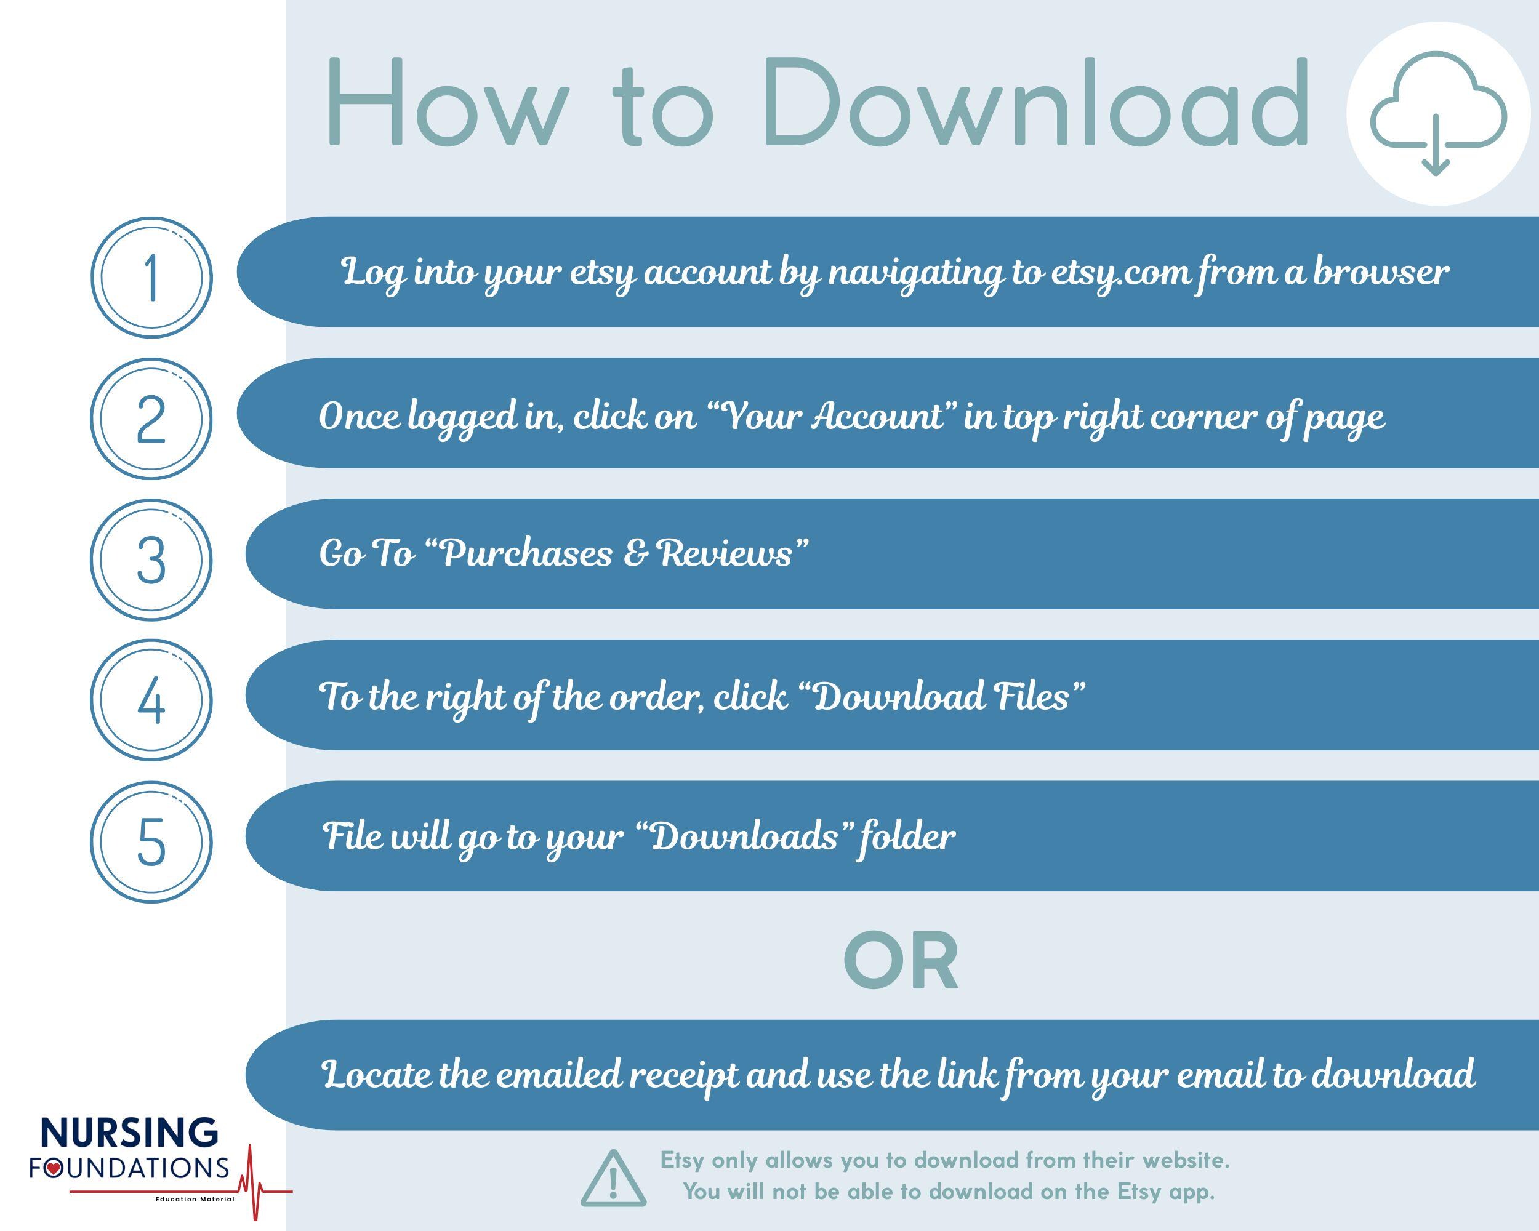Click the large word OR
coord(901,962)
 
